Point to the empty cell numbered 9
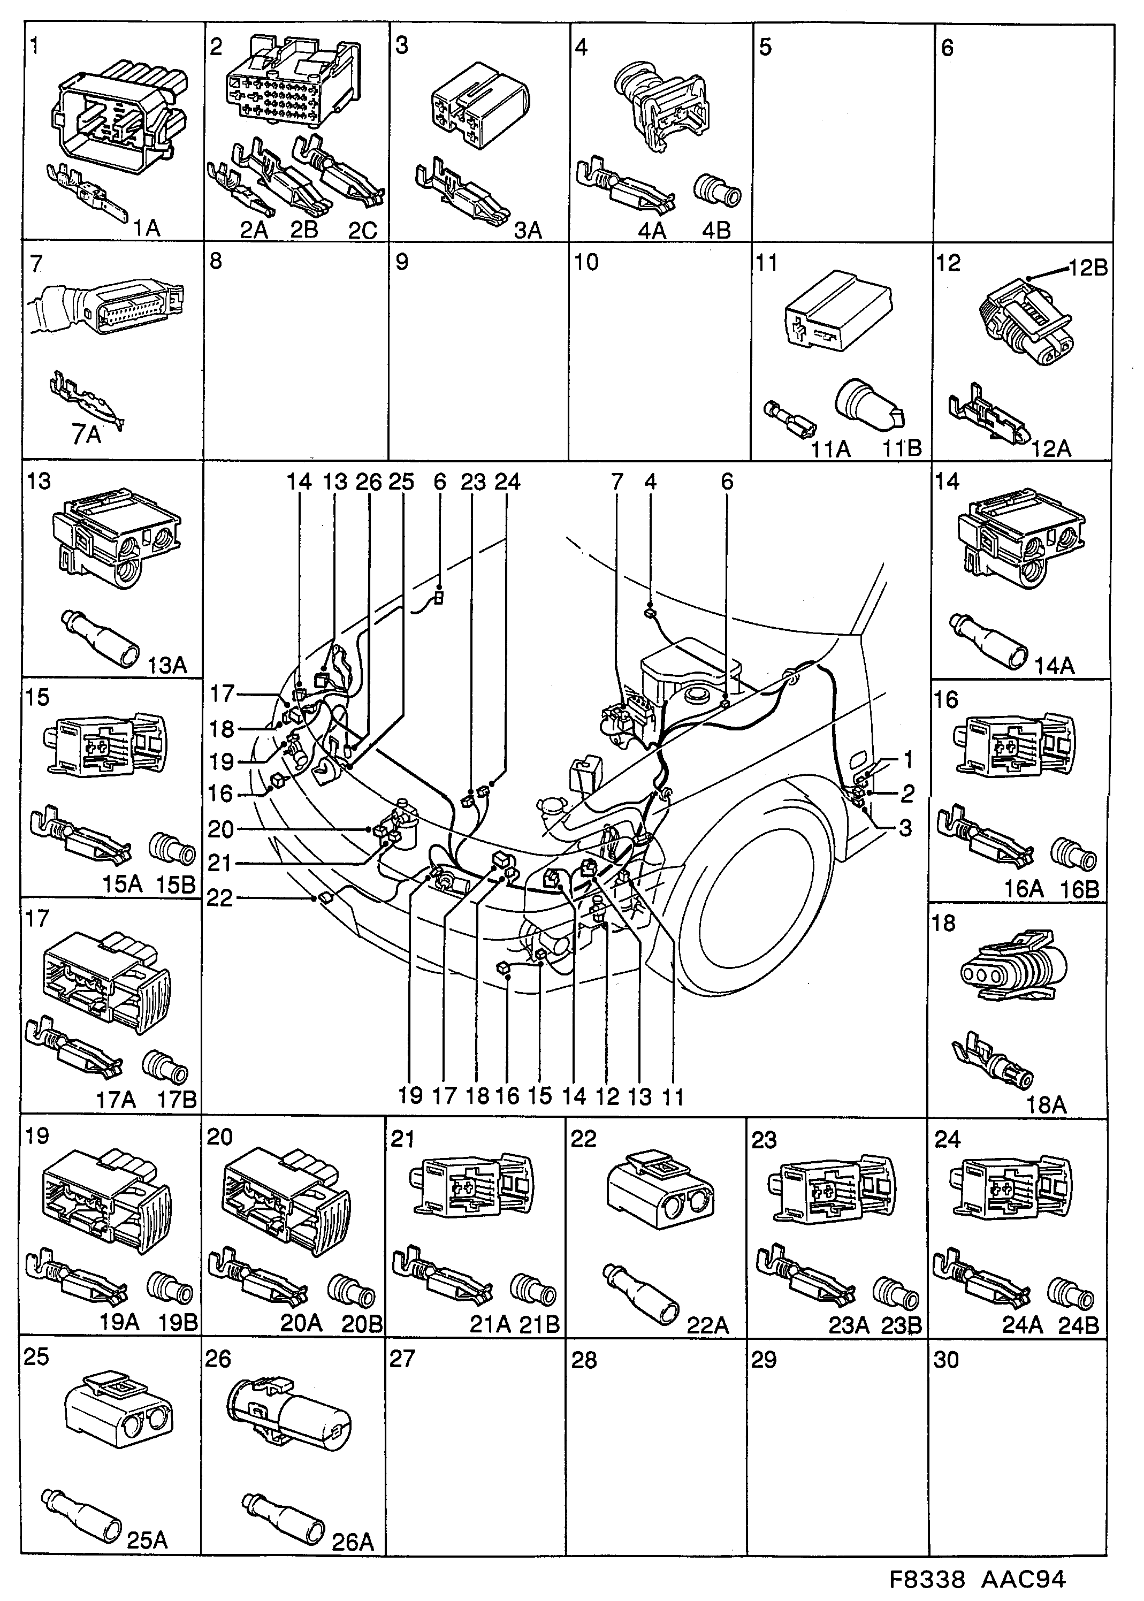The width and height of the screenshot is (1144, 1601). (x=478, y=352)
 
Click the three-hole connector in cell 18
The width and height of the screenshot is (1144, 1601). (x=1013, y=966)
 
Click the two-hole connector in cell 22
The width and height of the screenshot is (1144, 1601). (x=659, y=1193)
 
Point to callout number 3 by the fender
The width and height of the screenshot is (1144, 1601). (x=905, y=828)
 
